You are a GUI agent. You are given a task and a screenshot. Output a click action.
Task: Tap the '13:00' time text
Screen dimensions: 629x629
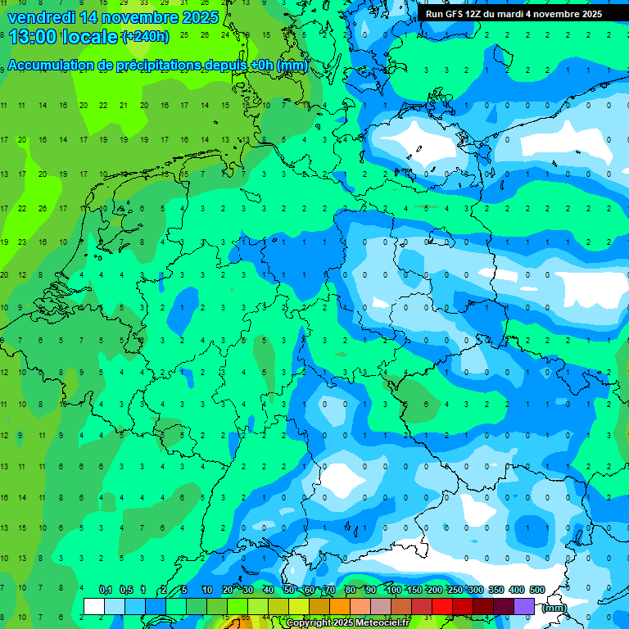coord(32,36)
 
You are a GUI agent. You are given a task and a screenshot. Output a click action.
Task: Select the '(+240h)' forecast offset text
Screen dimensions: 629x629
coord(145,36)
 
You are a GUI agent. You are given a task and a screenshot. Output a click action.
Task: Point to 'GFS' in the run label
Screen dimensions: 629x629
coord(455,14)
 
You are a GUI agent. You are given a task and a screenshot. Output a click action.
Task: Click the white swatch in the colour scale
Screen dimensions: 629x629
coord(94,607)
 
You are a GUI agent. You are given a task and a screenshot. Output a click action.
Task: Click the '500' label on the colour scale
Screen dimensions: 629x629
coord(537,590)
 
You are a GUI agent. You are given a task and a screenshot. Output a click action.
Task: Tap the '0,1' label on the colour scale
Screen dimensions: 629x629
coord(106,590)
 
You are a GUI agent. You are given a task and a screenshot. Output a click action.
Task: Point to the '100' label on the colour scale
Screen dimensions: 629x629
coord(394,590)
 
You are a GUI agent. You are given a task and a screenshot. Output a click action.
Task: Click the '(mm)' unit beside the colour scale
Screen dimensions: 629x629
coord(554,608)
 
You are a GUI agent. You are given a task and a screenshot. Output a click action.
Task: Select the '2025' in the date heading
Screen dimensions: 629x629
coord(201,16)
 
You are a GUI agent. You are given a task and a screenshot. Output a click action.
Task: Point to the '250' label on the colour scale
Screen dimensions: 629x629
coord(455,590)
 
